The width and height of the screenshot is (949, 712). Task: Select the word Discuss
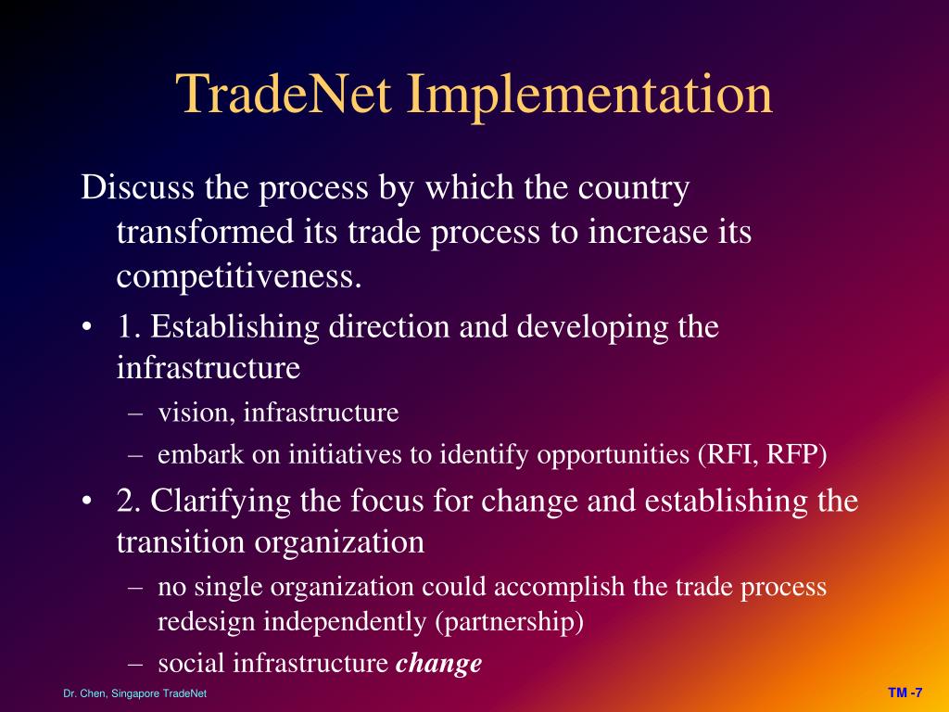137,188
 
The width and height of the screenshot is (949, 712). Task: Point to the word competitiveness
238,276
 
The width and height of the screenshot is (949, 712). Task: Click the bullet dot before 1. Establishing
87,327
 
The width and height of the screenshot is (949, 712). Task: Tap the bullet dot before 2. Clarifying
87,502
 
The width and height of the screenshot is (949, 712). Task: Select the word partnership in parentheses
509,621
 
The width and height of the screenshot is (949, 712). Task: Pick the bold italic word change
439,663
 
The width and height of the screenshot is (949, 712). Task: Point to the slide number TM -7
905,693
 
